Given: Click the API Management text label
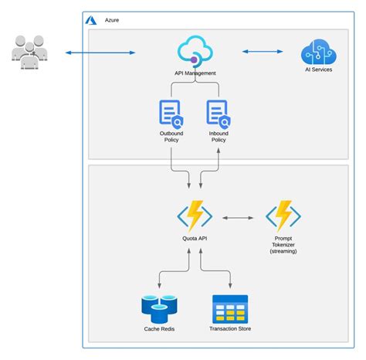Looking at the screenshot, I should tap(195, 73).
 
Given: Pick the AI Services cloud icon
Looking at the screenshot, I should tap(317, 53).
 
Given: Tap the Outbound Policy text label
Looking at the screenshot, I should tap(171, 137).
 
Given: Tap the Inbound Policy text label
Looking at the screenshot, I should tap(219, 137).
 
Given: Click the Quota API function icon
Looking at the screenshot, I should tap(195, 217).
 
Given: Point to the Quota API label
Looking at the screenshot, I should tap(195, 239).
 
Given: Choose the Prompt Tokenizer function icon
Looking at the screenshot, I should tap(283, 217).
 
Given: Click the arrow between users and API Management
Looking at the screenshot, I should tap(100, 53).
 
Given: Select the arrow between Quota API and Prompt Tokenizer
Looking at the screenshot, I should tap(239, 218).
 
